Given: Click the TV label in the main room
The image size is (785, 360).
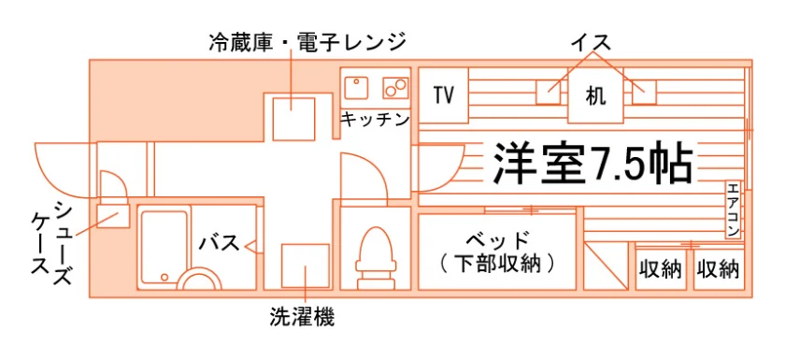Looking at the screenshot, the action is (x=444, y=95).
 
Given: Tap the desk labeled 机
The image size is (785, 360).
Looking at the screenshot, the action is (x=595, y=95).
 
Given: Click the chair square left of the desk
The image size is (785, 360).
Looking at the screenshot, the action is (x=548, y=92).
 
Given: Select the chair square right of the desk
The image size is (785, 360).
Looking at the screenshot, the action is (x=644, y=92).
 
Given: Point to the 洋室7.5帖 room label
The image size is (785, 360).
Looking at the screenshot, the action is (x=593, y=164).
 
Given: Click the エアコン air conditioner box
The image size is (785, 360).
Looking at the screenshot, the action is (x=733, y=209).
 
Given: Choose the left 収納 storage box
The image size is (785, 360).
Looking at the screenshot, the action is (x=661, y=270).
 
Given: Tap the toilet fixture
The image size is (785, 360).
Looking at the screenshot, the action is (x=376, y=258).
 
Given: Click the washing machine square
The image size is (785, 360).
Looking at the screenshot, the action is (x=306, y=266).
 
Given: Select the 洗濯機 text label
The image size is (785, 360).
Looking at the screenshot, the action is (x=302, y=316).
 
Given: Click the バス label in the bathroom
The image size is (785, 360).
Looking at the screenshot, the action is (x=220, y=243).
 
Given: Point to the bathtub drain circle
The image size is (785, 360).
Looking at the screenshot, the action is (x=164, y=277).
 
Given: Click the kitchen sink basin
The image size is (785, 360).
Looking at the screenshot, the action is (x=356, y=88).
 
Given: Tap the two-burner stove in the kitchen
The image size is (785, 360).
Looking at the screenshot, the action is (x=396, y=88).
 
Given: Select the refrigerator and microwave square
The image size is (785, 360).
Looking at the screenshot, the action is (x=293, y=119).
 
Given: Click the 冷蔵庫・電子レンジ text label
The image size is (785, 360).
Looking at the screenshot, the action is (x=307, y=43).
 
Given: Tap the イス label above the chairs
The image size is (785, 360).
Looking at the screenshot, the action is (x=592, y=44).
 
